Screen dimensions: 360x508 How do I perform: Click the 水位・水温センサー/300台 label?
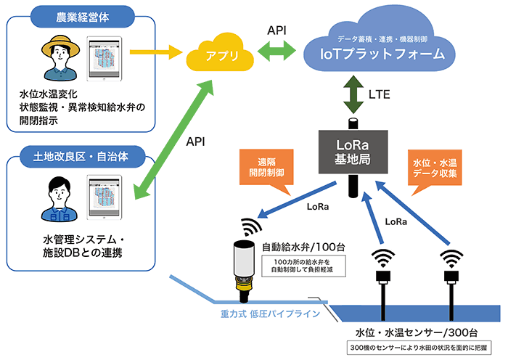[406, 332]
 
